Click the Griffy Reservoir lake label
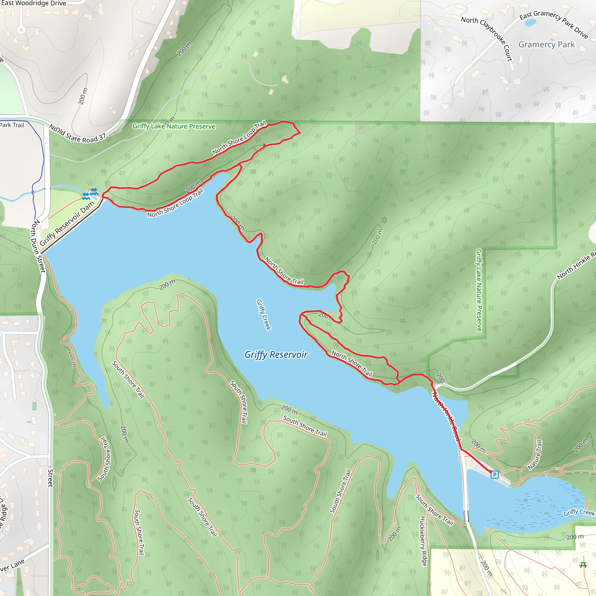[x=276, y=355]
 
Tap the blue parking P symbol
[x=494, y=474]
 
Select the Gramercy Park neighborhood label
[x=546, y=45]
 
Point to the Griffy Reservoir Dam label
[x=67, y=223]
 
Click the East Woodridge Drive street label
[x=33, y=3]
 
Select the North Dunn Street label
[x=38, y=246]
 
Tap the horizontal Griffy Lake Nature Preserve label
[x=174, y=126]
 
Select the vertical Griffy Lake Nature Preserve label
[x=478, y=290]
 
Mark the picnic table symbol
[x=583, y=565]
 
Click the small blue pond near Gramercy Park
[x=530, y=22]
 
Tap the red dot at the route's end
[x=491, y=472]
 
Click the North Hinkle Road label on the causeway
[x=446, y=416]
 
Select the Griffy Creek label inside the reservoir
[x=263, y=315]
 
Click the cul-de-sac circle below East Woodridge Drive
[x=21, y=30]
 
